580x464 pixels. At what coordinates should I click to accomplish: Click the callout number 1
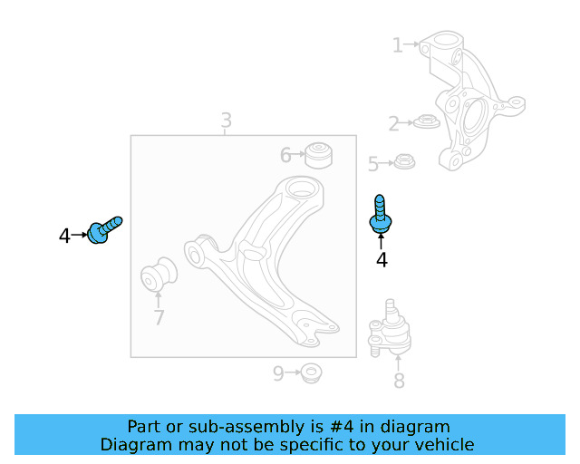(x=397, y=44)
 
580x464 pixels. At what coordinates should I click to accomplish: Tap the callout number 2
(x=393, y=123)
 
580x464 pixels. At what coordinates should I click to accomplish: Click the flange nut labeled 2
(x=425, y=121)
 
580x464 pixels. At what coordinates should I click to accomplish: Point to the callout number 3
(x=226, y=120)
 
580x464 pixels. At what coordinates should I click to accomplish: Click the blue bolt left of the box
(x=103, y=230)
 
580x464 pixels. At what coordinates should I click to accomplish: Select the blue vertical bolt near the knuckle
(x=380, y=214)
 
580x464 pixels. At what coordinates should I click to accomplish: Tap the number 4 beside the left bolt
(x=64, y=237)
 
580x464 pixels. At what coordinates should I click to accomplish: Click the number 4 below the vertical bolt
(x=382, y=260)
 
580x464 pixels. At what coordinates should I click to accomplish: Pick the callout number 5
(x=372, y=164)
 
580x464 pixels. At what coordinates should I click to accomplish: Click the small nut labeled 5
(x=404, y=162)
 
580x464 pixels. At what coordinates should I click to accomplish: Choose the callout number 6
(x=285, y=156)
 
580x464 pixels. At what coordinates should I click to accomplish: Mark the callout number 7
(x=159, y=317)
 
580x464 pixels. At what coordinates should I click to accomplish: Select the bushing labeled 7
(x=160, y=276)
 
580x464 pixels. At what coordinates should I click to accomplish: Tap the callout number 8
(x=399, y=382)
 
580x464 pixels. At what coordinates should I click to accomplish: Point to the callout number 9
(x=279, y=372)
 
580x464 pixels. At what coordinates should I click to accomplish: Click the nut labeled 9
(x=312, y=372)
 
